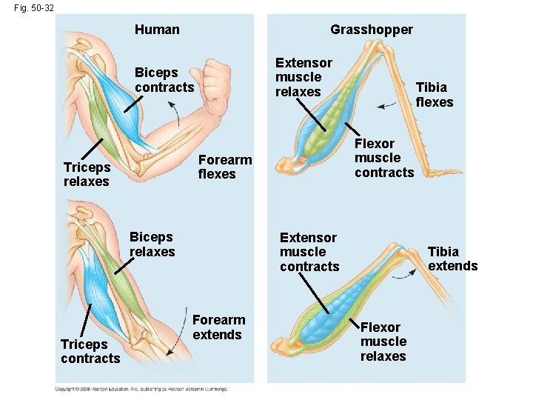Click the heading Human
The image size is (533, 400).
click(157, 30)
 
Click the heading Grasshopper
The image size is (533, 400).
click(372, 30)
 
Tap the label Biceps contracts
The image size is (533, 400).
click(164, 80)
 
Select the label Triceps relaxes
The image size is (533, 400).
click(87, 174)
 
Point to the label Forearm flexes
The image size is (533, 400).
click(225, 167)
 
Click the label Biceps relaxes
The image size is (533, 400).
click(152, 244)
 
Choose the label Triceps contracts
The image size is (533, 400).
click(90, 351)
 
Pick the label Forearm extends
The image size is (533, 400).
click(218, 327)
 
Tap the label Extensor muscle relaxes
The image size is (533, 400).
click(304, 77)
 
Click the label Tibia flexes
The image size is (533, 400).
click(434, 95)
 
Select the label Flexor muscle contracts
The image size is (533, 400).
click(383, 158)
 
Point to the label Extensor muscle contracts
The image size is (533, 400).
click(309, 252)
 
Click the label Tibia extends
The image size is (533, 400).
click(452, 259)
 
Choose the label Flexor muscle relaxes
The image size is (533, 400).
click(383, 341)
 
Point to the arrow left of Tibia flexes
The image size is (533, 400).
click(386, 106)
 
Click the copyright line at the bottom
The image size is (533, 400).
click(141, 388)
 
